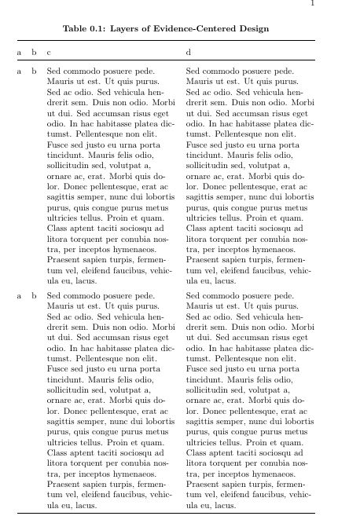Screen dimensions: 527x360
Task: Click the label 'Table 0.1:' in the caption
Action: click(x=84, y=28)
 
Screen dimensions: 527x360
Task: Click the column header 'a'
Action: click(x=20, y=53)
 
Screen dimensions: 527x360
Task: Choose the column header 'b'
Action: click(x=34, y=53)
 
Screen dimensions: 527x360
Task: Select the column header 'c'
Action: click(x=49, y=53)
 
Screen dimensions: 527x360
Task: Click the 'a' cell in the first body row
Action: click(x=20, y=71)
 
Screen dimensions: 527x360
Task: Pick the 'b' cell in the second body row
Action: click(x=34, y=296)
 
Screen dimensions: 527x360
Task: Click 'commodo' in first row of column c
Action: click(x=81, y=71)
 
